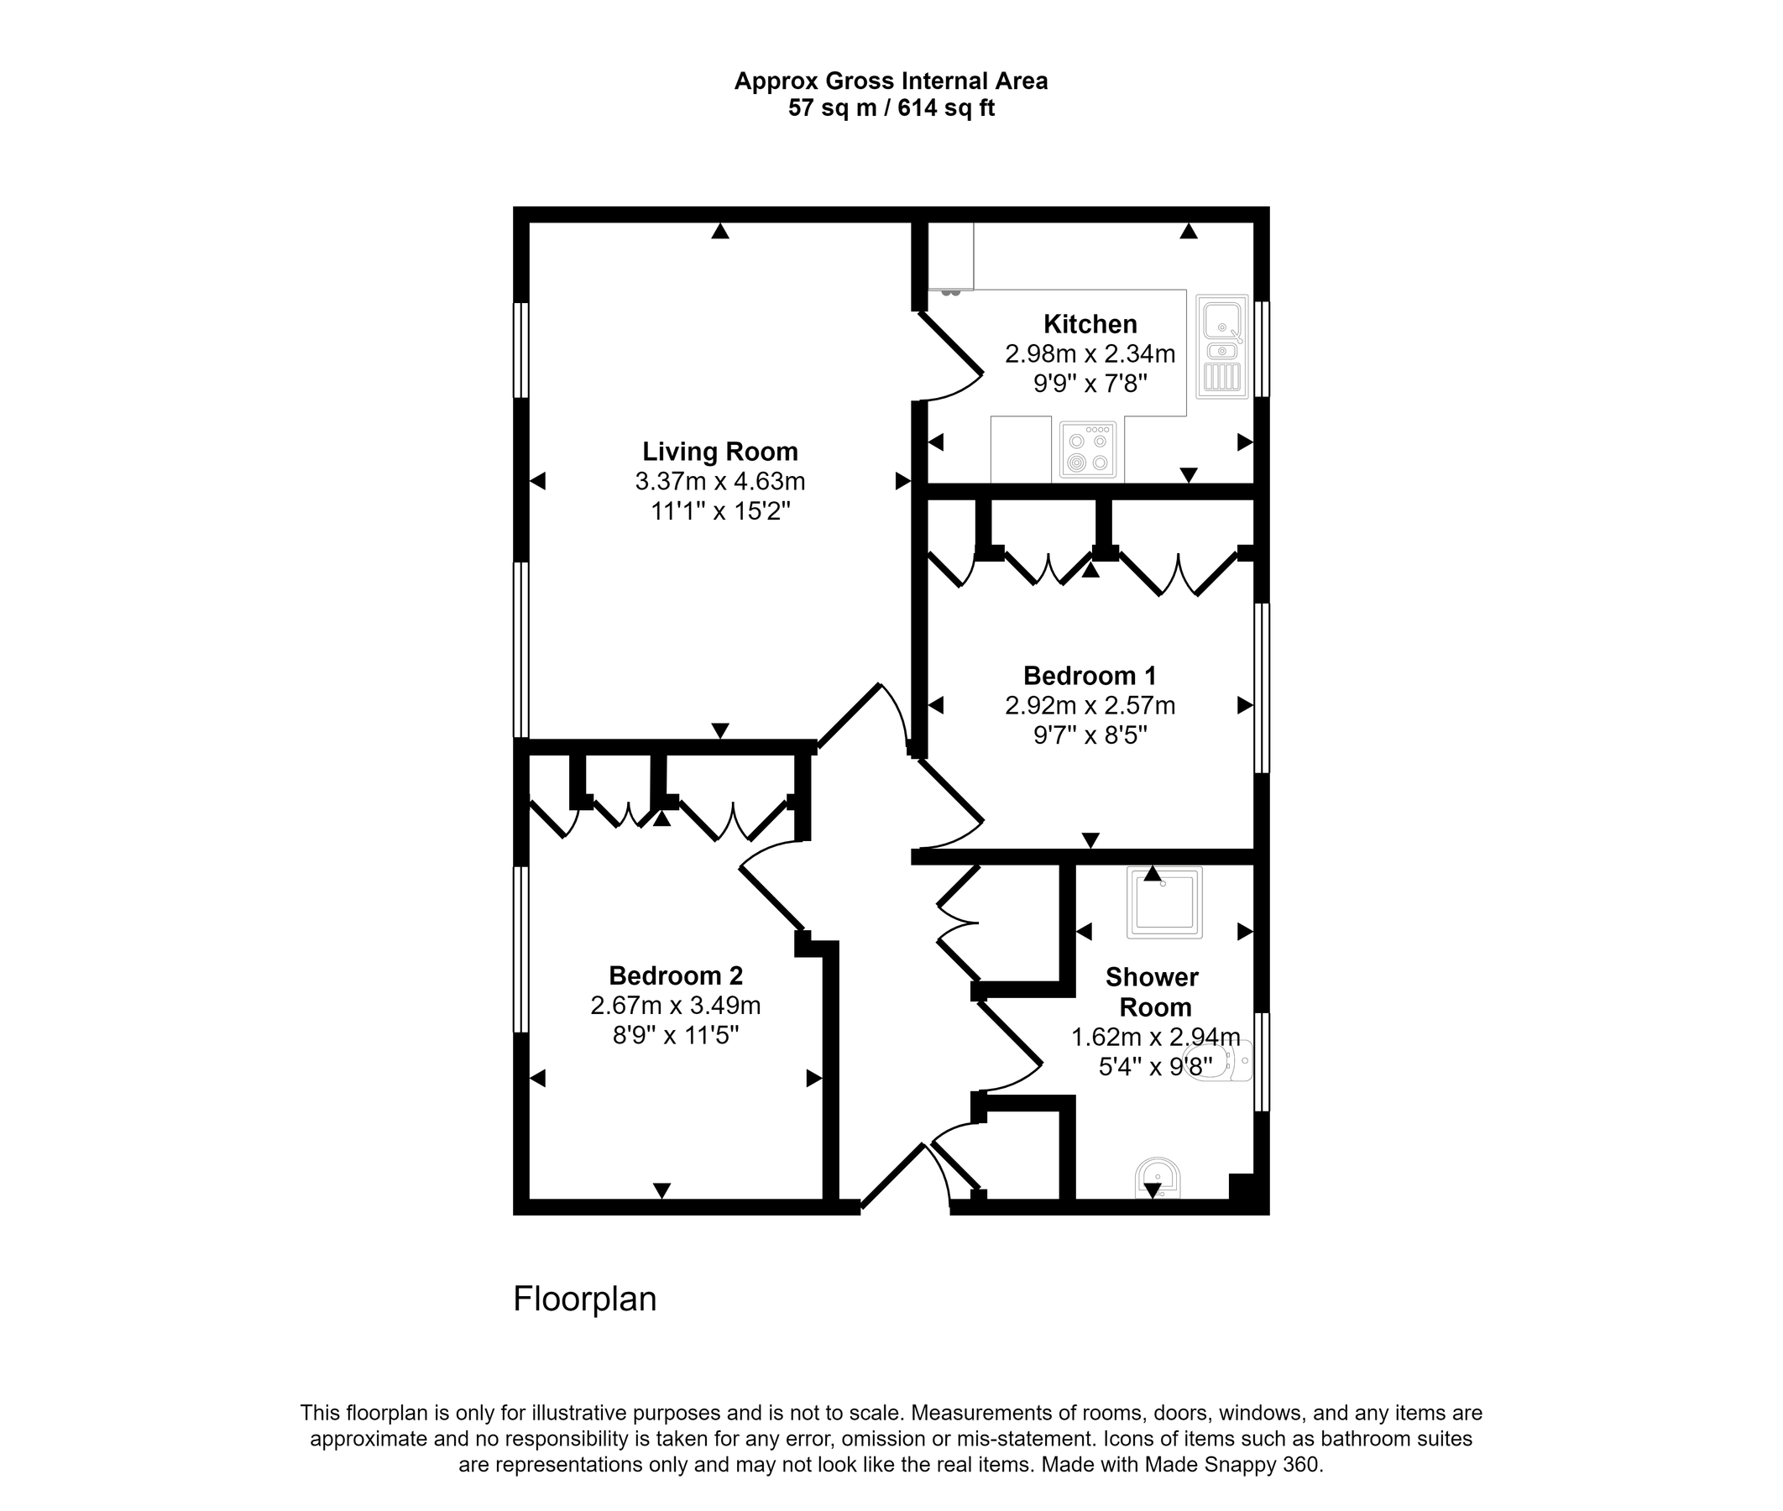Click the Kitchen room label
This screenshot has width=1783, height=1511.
click(1090, 324)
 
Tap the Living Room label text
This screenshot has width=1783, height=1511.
click(719, 452)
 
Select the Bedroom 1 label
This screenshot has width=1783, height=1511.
click(1090, 676)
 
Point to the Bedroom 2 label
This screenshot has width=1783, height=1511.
click(676, 975)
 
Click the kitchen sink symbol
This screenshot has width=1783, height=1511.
click(1222, 346)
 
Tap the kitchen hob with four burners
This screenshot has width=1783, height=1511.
click(1088, 449)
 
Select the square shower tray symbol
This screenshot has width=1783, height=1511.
click(1163, 902)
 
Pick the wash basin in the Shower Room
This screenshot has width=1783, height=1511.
click(1157, 1179)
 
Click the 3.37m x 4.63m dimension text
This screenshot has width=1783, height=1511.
click(719, 481)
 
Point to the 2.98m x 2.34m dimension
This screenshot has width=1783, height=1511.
click(1090, 353)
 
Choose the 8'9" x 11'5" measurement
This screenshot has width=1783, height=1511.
click(676, 1036)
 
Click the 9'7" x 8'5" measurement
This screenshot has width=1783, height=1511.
click(1090, 735)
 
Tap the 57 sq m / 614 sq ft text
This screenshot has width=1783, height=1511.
click(891, 109)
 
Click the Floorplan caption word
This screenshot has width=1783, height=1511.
click(584, 1299)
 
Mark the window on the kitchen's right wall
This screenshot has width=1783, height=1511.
click(1262, 348)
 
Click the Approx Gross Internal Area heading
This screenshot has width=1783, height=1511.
click(891, 81)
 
